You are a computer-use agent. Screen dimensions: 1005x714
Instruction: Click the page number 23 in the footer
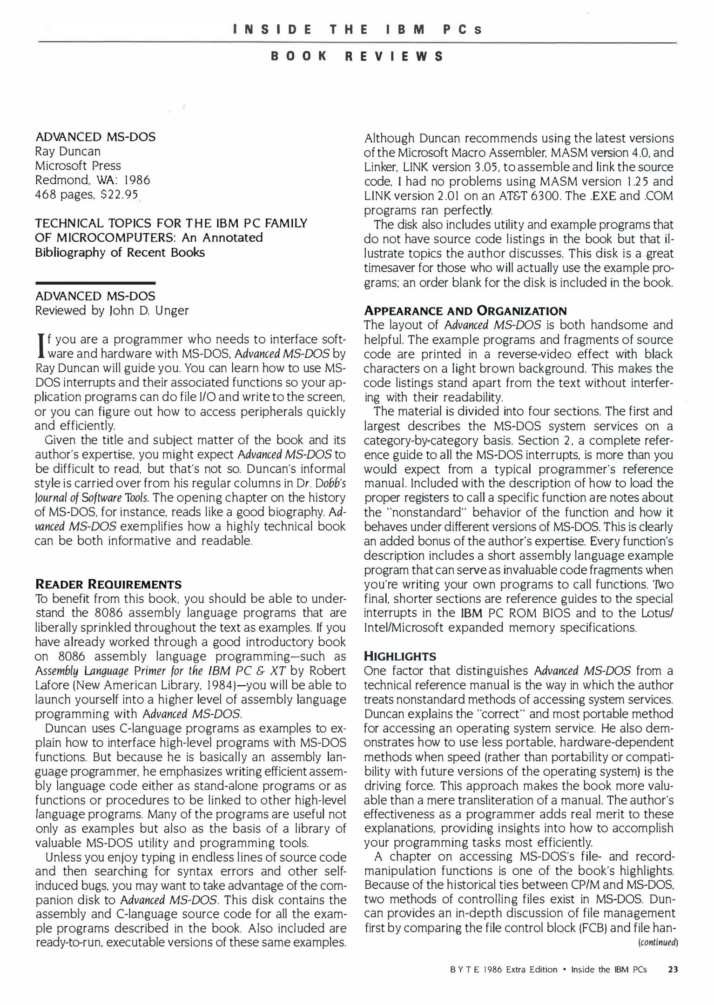click(x=673, y=970)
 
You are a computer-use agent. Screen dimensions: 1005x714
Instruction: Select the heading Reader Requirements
click(x=108, y=584)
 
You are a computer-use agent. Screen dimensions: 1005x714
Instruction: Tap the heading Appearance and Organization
click(x=465, y=311)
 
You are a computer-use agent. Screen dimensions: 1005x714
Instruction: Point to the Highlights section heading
click(x=400, y=656)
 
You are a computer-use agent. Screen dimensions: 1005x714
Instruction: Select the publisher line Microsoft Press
click(x=78, y=166)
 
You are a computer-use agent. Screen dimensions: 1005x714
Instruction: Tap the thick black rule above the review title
click(x=95, y=283)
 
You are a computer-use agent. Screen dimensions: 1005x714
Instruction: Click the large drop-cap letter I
click(x=40, y=347)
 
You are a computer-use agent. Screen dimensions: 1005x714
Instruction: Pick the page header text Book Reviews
click(x=357, y=56)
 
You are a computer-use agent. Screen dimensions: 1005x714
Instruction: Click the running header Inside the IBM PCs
click(x=357, y=30)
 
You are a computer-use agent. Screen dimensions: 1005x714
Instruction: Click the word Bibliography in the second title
click(x=74, y=252)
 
